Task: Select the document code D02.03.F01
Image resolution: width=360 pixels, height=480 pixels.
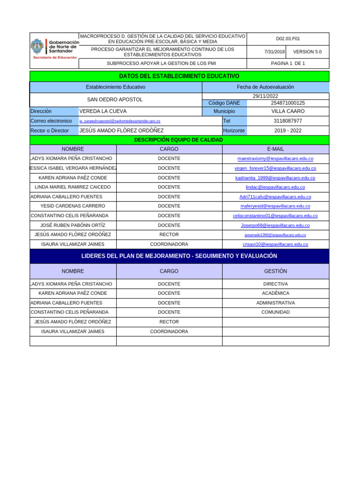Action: point(288,39)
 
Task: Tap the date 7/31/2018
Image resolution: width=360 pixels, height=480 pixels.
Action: point(274,52)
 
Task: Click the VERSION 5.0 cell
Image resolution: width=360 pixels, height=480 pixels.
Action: point(307,52)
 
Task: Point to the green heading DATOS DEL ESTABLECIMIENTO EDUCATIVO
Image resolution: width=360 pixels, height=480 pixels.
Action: point(179,76)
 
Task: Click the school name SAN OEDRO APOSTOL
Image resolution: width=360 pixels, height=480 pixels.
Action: point(115,99)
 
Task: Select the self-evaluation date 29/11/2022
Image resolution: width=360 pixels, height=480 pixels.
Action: point(265,96)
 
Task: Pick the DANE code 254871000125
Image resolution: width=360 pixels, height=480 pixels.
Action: point(288,103)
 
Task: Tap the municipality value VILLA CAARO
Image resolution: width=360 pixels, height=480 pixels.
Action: point(288,112)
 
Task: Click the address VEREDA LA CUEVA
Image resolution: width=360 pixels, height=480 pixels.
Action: point(103,112)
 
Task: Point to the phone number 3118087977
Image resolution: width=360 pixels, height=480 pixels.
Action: point(288,121)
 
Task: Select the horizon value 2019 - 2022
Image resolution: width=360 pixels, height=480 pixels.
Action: point(288,131)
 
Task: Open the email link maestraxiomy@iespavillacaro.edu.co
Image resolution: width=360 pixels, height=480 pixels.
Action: point(275,158)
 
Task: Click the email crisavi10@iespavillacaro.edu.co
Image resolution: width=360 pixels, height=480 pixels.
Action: point(275,244)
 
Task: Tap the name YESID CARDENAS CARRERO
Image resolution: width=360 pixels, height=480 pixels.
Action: point(73,206)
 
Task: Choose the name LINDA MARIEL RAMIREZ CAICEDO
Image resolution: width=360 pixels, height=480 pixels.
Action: point(73,187)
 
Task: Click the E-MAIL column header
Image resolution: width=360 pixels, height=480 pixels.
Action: point(275,149)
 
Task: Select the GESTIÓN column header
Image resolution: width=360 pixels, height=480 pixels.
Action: point(275,271)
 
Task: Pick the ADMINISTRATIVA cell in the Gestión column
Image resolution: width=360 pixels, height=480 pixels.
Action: point(275,303)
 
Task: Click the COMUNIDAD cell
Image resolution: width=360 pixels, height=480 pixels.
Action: point(275,312)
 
